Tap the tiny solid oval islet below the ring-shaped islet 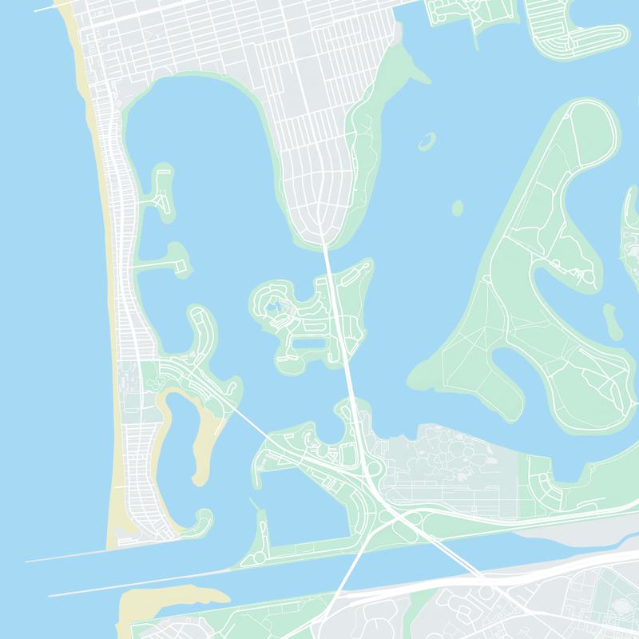458,208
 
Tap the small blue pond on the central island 273,305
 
